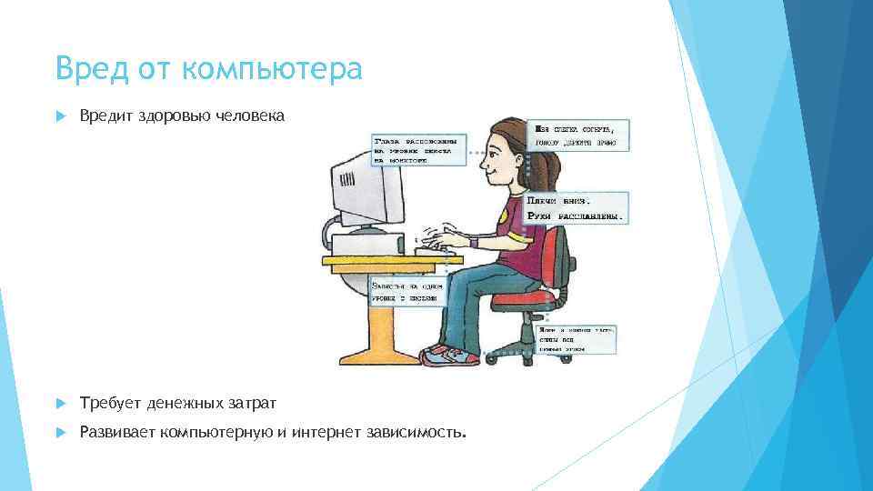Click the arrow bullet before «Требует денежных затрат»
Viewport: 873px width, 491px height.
pos(60,403)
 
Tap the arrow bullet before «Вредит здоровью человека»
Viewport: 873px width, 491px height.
pos(60,116)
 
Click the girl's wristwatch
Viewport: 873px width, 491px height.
pos(474,242)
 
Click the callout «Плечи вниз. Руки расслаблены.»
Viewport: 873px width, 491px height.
pos(577,208)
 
